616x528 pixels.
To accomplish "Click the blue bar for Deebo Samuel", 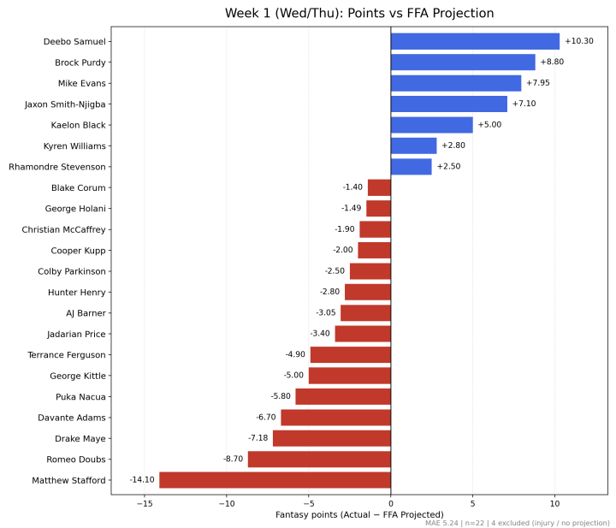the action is [475, 41].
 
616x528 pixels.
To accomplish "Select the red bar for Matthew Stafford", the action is [275, 480].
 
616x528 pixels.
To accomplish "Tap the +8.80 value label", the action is [552, 62].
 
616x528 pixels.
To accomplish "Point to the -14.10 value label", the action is [142, 480].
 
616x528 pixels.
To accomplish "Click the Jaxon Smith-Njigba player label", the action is [65, 104].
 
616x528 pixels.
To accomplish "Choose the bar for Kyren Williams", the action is [414, 145].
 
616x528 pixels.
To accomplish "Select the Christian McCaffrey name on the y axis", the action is [63, 229].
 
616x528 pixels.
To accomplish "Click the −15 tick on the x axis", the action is [145, 504].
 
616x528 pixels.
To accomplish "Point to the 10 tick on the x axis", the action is [554, 504].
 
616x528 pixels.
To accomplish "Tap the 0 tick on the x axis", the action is [391, 504].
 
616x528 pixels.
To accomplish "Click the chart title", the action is [359, 13].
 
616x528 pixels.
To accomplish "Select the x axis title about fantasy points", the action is [359, 514].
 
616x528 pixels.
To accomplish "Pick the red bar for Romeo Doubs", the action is [319, 460].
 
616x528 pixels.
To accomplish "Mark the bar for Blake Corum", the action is [379, 187].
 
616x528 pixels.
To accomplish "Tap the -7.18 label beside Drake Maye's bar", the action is [258, 437].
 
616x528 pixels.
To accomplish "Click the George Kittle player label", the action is [78, 376].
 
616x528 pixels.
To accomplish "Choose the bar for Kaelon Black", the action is [432, 125].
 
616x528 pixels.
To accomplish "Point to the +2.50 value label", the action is [448, 166].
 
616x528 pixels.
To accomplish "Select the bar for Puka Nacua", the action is [343, 396].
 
